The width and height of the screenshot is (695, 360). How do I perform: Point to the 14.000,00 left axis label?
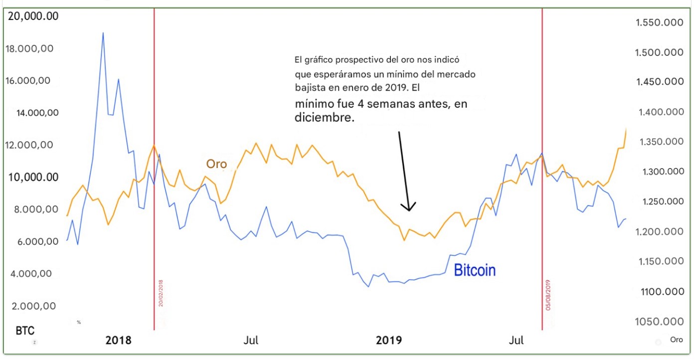point(38,113)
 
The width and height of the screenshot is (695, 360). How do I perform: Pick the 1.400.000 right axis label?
point(659,112)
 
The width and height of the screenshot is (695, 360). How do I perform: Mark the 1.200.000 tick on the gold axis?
point(659,232)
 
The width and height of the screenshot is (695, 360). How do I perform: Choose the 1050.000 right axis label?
point(659,322)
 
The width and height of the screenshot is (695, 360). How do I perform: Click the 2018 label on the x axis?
point(119,341)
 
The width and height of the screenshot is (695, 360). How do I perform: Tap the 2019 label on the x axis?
point(389,341)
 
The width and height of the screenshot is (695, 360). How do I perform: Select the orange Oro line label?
point(216,164)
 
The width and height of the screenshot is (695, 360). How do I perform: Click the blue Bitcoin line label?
point(475,270)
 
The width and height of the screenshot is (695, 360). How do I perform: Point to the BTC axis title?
point(25,331)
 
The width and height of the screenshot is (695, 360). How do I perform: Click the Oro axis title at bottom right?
point(676,340)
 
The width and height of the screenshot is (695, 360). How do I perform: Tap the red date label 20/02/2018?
point(161,293)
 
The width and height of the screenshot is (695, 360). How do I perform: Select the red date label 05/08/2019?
point(548,295)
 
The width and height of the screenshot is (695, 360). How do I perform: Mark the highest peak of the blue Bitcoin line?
point(103,33)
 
